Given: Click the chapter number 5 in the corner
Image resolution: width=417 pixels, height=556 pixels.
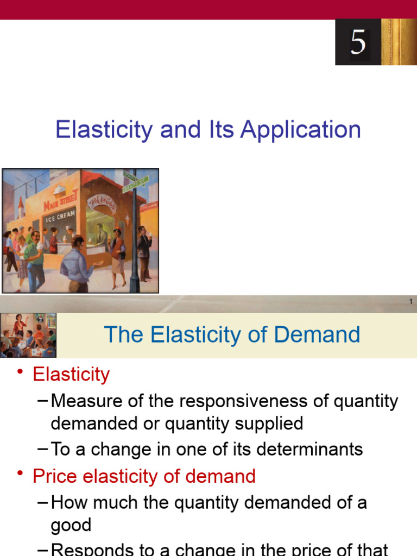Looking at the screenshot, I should click(x=358, y=42).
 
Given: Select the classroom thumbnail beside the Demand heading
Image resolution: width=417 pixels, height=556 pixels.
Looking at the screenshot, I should click(x=28, y=334).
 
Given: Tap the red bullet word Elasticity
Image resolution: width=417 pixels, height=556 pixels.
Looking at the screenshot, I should click(x=71, y=374).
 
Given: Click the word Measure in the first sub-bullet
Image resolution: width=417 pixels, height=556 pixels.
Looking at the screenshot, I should click(x=86, y=401).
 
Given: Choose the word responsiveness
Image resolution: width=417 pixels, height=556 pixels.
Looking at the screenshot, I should click(x=230, y=401).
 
